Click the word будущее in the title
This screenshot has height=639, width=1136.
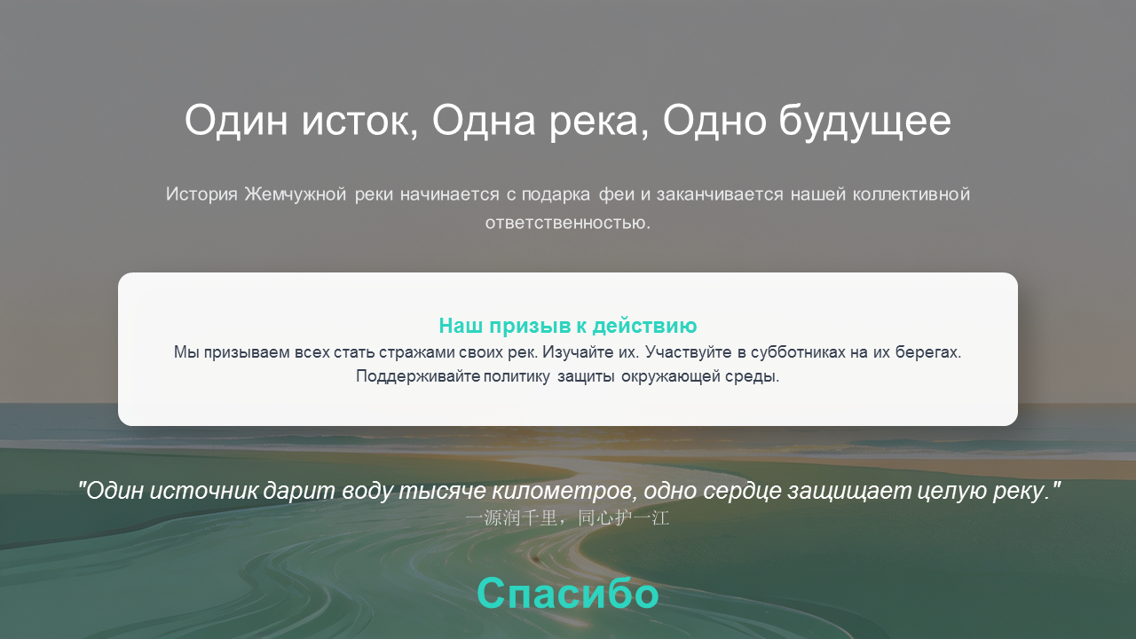tap(864, 122)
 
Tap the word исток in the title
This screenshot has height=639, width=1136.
tap(359, 121)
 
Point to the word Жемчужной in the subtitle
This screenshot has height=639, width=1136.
tap(296, 194)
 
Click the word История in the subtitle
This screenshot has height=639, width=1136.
tap(201, 194)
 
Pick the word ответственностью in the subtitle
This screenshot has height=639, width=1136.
tap(567, 223)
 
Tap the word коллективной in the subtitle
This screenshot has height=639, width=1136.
tap(911, 194)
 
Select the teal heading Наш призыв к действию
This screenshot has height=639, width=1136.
tap(568, 326)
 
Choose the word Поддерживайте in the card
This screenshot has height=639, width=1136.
tap(418, 376)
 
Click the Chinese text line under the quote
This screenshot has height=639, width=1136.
tap(567, 518)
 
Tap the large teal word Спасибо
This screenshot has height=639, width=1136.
tap(567, 593)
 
